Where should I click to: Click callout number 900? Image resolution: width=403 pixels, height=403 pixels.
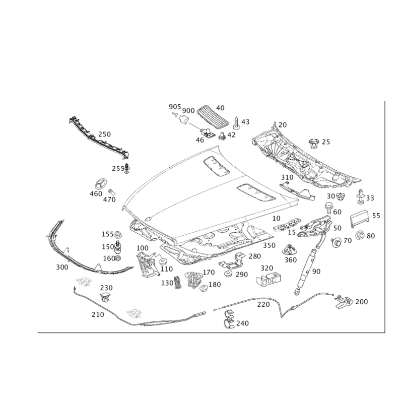point(189,110)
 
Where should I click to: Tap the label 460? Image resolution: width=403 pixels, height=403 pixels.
point(95,193)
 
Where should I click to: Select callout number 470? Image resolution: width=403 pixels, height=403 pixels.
point(109,199)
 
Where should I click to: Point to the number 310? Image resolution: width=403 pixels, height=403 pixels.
point(287,177)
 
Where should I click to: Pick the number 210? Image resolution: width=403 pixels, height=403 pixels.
point(97,314)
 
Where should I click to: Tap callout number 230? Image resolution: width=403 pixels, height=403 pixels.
point(106,287)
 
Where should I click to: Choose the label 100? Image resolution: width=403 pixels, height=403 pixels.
point(143,248)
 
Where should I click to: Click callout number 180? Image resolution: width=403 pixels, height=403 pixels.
point(216,285)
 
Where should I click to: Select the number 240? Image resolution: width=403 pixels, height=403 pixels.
point(242,323)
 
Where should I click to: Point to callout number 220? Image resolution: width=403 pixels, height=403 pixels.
point(263,305)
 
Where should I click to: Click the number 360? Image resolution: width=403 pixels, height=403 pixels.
point(291,260)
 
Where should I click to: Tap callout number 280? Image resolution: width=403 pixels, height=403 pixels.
point(255,256)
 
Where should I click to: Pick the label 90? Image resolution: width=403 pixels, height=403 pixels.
point(316,272)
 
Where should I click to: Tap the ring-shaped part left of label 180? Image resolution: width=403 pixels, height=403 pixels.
point(204,288)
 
